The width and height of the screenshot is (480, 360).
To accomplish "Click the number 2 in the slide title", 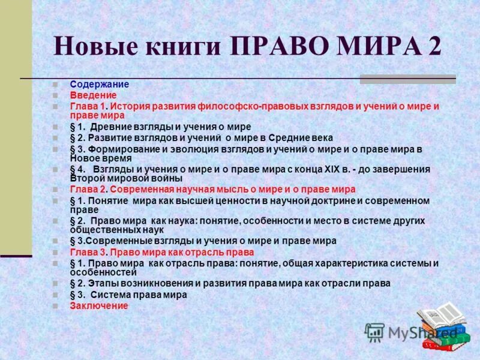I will pyautogui.click(x=433, y=46).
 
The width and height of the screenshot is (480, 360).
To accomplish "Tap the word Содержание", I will pyautogui.click(x=99, y=85).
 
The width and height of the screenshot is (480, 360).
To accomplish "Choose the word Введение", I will pyautogui.click(x=93, y=95).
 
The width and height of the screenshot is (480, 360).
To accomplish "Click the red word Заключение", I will pyautogui.click(x=99, y=305).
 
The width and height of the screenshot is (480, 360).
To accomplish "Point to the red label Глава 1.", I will pyautogui.click(x=85, y=106).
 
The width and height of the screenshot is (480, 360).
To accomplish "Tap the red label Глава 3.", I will pyautogui.click(x=85, y=253).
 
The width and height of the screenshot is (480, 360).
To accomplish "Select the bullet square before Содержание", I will pyautogui.click(x=55, y=85).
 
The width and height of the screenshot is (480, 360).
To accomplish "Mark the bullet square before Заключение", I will pyautogui.click(x=55, y=306).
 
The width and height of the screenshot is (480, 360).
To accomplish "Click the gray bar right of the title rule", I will pyautogui.click(x=407, y=79).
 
